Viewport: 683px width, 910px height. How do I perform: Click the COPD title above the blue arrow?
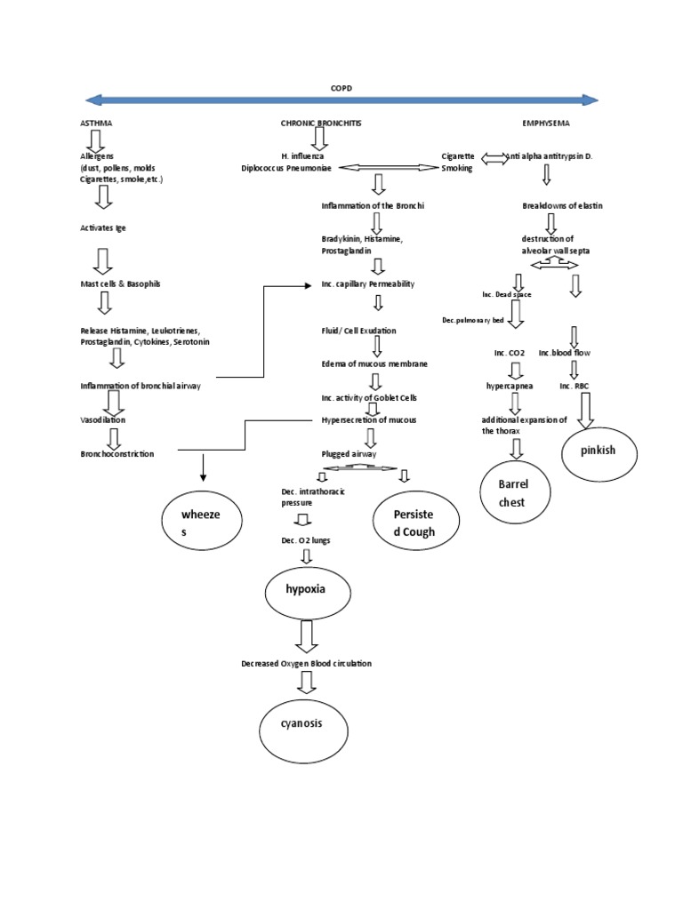pos(341,89)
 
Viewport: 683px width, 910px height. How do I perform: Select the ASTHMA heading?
pos(96,123)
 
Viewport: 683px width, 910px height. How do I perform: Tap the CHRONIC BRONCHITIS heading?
pos(321,123)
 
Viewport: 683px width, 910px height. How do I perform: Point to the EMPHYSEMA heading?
pos(546,123)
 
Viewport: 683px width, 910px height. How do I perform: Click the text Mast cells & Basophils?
pos(120,283)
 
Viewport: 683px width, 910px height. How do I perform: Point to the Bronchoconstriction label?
pos(117,453)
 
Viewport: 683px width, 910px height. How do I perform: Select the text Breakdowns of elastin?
pos(562,205)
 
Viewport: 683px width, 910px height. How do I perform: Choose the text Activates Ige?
pos(103,227)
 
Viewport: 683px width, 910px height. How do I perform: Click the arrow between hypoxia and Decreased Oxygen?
pos(308,637)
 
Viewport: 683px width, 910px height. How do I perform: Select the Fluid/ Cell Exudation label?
pos(359,331)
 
